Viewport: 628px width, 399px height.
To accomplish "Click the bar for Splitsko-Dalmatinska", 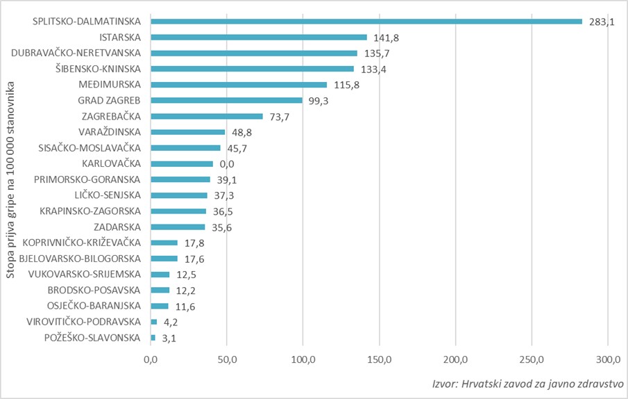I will pos(366,22).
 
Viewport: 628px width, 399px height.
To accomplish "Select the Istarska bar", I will pos(258,38).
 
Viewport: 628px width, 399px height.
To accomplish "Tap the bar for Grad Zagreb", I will pos(226,100).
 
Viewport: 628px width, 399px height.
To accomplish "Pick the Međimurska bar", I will pos(239,85).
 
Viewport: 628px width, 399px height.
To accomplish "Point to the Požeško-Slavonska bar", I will pos(153,338).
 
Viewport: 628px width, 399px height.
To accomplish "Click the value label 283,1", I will pos(602,22).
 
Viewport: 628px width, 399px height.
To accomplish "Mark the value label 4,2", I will pos(170,322).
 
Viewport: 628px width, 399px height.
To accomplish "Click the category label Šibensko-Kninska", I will pos(98,69).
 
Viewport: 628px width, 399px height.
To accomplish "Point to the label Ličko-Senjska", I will pos(107,195).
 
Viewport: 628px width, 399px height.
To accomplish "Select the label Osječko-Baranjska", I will pos(95,306).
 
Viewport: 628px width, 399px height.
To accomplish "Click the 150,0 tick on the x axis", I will pos(379,359).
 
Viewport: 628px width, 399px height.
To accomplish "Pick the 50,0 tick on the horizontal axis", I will pos(227,359).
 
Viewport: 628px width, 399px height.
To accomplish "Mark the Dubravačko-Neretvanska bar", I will pos(254,53).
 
